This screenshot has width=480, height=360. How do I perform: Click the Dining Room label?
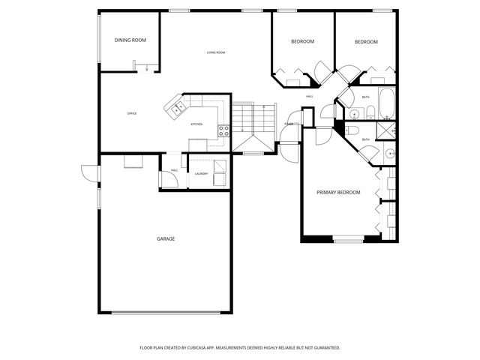point(130,40)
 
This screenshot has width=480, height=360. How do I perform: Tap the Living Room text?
point(216,52)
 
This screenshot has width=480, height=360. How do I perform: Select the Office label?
point(132,113)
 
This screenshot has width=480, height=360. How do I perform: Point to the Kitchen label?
point(196,124)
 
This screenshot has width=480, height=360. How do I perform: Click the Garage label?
point(166,238)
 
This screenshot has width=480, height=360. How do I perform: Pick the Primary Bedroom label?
point(338,193)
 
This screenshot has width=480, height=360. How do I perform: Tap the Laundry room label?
point(201,174)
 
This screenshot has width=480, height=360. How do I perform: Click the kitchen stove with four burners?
point(223,130)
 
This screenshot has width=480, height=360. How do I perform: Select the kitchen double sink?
point(179,109)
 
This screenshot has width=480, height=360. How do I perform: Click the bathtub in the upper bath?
point(387,103)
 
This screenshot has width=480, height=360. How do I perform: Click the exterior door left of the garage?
point(88,173)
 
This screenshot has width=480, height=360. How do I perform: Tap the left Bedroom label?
point(303,41)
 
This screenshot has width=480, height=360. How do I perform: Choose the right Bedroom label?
point(366,42)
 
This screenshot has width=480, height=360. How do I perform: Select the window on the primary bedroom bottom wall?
point(348,241)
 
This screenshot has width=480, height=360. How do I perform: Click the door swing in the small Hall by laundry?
point(164,178)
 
